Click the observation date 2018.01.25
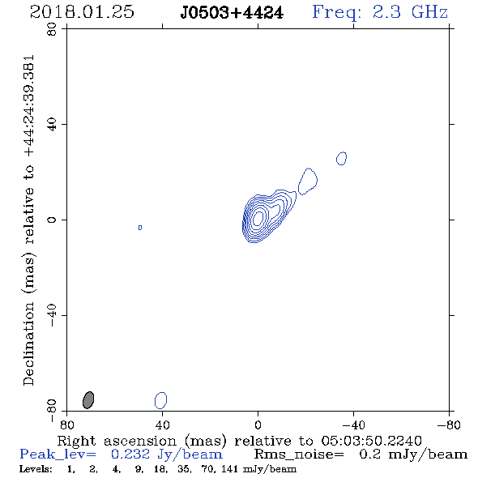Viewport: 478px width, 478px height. (82, 12)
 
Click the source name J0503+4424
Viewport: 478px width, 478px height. (232, 13)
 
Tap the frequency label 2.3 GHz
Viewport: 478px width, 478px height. (410, 12)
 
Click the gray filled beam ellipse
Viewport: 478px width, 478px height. (88, 400)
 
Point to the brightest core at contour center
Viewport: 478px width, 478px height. (258, 218)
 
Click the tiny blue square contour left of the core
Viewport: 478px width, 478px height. (140, 228)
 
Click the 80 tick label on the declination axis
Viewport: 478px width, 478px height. (52, 29)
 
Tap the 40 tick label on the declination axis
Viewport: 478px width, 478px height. (52, 125)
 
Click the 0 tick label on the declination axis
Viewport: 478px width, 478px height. (52, 220)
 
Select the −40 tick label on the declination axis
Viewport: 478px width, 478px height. (52, 315)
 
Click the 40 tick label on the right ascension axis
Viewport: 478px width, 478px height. (162, 425)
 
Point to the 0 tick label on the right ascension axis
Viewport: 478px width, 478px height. (258, 425)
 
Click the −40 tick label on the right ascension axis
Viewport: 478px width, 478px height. (353, 425)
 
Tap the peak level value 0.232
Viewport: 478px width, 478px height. (130, 455)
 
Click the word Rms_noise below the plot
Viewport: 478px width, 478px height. (299, 455)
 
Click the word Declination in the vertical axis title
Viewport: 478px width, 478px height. (28, 344)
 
